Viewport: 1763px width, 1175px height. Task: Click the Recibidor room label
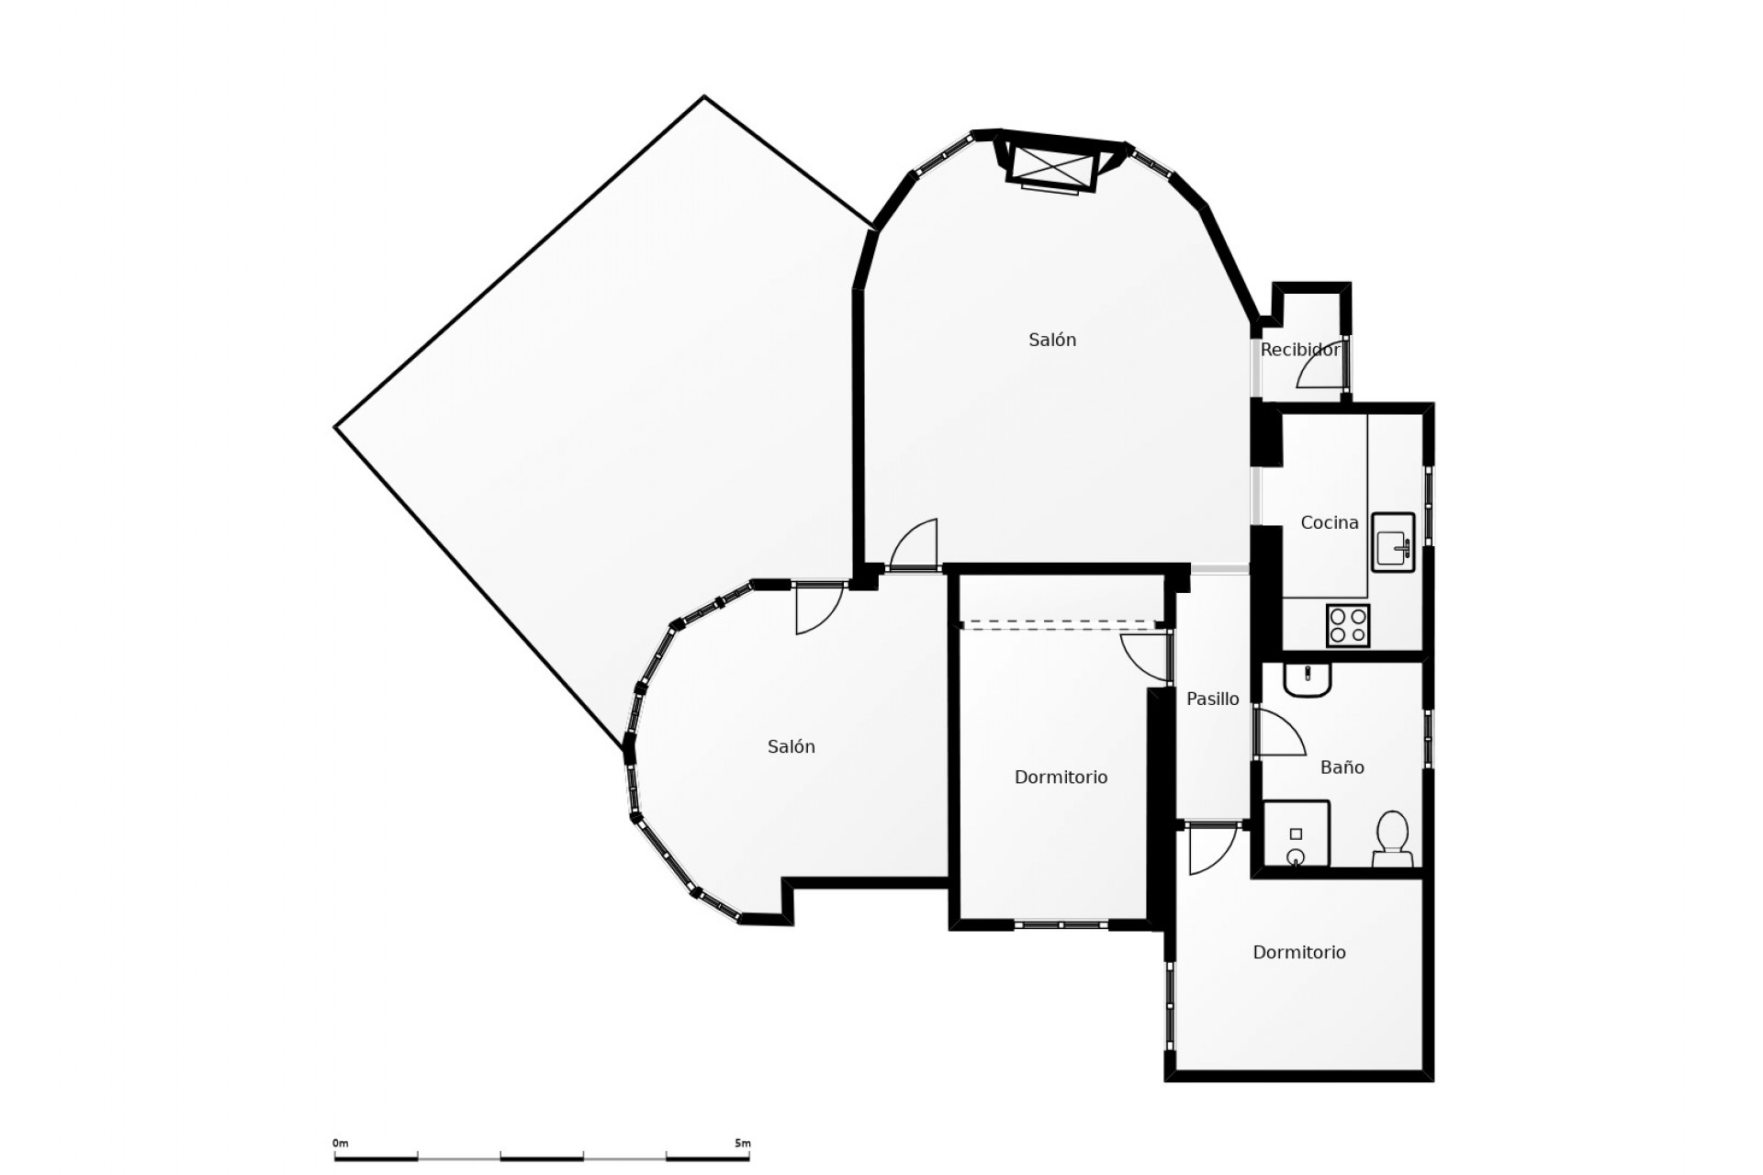click(1299, 350)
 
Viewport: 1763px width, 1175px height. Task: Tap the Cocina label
click(1329, 522)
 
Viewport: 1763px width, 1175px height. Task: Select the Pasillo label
click(1212, 699)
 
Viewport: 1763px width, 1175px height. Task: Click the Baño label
click(1342, 767)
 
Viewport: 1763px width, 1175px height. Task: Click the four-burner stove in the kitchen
click(1347, 625)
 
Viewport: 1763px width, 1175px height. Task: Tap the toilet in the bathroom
click(1392, 838)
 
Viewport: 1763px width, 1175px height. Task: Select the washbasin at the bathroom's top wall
click(1307, 680)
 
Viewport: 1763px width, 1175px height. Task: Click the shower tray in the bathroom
click(1296, 834)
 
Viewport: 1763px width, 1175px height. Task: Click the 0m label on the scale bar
click(341, 1144)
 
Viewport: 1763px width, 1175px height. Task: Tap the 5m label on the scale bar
click(742, 1144)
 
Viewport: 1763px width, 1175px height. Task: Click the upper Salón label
click(1051, 340)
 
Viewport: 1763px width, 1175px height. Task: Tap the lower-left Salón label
click(791, 747)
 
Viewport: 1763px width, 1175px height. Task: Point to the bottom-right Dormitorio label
click(1298, 953)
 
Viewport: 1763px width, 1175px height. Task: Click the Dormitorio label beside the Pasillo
click(1061, 778)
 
